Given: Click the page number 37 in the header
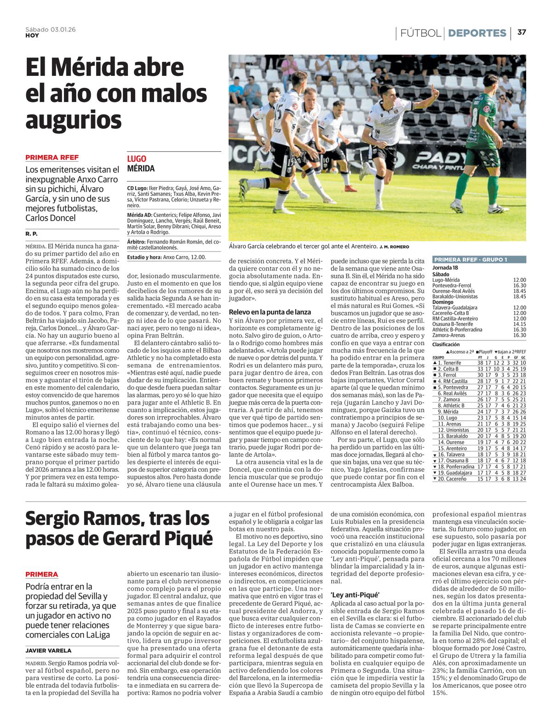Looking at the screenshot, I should point(522,32).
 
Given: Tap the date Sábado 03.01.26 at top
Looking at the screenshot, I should point(51,29).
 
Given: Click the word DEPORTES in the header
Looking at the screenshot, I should point(477,33).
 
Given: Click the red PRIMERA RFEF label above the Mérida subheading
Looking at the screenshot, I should point(52,157).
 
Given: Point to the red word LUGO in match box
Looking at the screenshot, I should point(137,159).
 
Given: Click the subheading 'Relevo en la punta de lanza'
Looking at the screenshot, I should point(270,312).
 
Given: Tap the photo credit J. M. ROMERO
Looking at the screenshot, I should point(394,247).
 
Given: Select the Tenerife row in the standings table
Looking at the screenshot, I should point(478,363).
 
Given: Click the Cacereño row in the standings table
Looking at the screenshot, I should point(478,479).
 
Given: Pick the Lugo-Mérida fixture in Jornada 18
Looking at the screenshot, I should point(478,280).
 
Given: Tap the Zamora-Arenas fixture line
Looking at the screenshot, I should point(478,335).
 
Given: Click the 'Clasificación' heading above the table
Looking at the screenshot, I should point(446,344).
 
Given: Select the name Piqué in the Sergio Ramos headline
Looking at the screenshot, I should point(190,538).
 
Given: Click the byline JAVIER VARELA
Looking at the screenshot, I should point(48,650).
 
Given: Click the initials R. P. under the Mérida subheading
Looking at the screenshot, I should point(31,234).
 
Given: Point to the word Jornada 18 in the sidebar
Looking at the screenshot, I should point(445,268).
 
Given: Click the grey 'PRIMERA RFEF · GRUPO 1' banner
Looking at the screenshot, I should point(478,260).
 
